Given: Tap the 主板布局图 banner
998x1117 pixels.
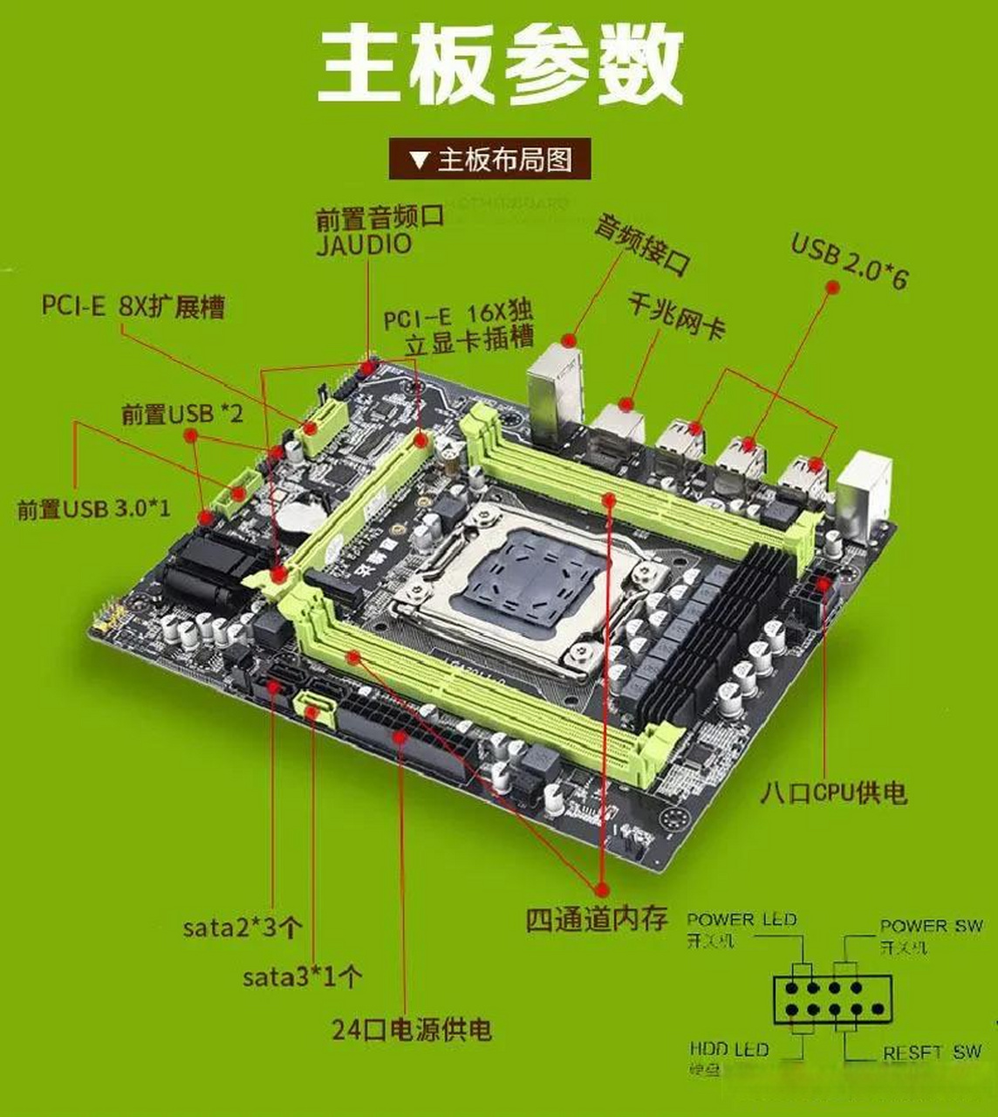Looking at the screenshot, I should [x=490, y=160].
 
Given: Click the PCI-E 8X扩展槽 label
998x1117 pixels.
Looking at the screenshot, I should [x=133, y=306].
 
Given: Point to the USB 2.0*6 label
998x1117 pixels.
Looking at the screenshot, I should [x=849, y=259].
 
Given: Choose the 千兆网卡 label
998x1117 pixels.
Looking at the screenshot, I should [x=676, y=316].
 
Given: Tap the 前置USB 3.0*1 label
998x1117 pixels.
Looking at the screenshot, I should [x=94, y=508].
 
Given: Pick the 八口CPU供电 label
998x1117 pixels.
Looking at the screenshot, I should [x=833, y=792].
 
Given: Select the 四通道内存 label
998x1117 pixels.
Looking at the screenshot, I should [x=597, y=918].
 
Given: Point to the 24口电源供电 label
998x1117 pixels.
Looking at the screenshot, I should [x=412, y=1029].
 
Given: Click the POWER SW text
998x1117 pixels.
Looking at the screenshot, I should [x=930, y=926].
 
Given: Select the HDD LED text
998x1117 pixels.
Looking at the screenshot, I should [x=728, y=1049].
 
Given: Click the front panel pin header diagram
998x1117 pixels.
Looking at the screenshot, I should [x=831, y=1000].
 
